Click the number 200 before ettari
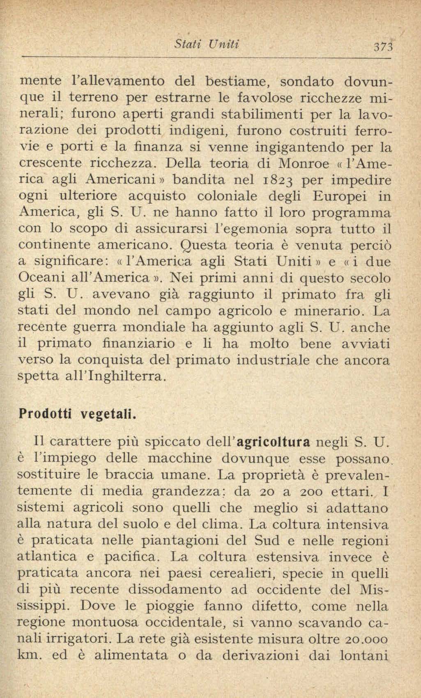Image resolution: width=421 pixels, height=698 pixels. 304,491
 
